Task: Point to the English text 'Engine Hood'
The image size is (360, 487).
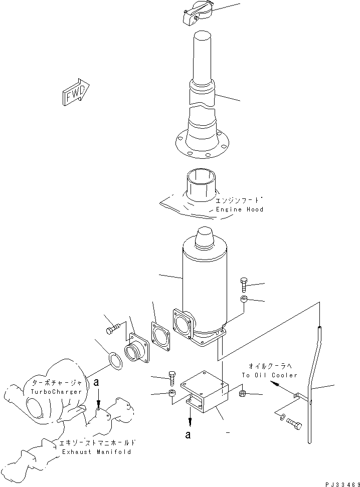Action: coord(239,209)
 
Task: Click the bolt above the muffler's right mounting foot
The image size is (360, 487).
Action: coord(244,285)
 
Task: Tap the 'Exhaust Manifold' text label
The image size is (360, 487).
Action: coord(96,451)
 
